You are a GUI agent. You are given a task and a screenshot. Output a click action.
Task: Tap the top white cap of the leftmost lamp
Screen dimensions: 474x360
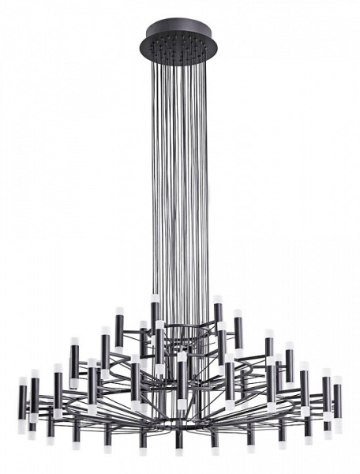coord(22,381)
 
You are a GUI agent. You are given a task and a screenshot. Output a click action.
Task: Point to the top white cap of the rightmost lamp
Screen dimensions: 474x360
coord(338,381)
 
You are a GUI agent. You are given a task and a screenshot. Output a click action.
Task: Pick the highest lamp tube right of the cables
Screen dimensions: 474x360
coord(216,313)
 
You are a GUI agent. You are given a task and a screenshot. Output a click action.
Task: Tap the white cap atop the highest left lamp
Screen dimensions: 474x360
coord(156,299)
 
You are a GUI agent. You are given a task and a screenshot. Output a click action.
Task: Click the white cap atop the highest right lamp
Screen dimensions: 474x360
coord(216,299)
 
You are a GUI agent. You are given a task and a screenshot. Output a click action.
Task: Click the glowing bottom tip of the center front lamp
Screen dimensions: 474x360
coord(181,405)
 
